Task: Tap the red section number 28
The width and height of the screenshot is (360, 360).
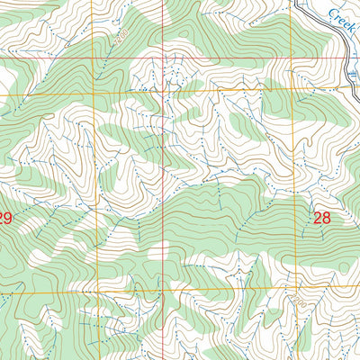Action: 322,217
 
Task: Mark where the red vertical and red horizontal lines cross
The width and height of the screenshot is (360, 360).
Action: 163,57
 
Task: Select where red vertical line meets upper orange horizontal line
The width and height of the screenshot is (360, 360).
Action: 163,92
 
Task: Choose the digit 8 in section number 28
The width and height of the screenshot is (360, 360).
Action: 328,217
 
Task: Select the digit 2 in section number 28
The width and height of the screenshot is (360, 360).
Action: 318,217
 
